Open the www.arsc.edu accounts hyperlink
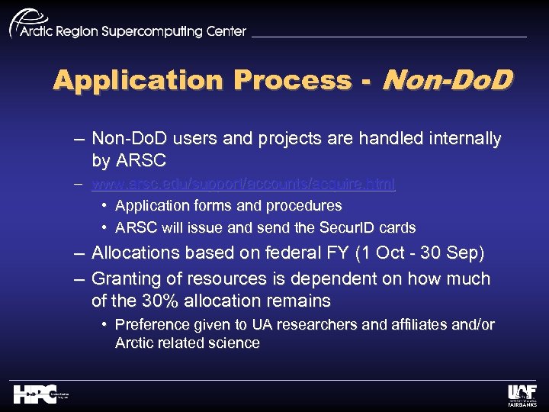pos(243,185)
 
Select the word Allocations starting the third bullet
pos(132,253)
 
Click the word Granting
pos(124,278)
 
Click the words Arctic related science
pos(187,343)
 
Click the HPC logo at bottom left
pos(35,394)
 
